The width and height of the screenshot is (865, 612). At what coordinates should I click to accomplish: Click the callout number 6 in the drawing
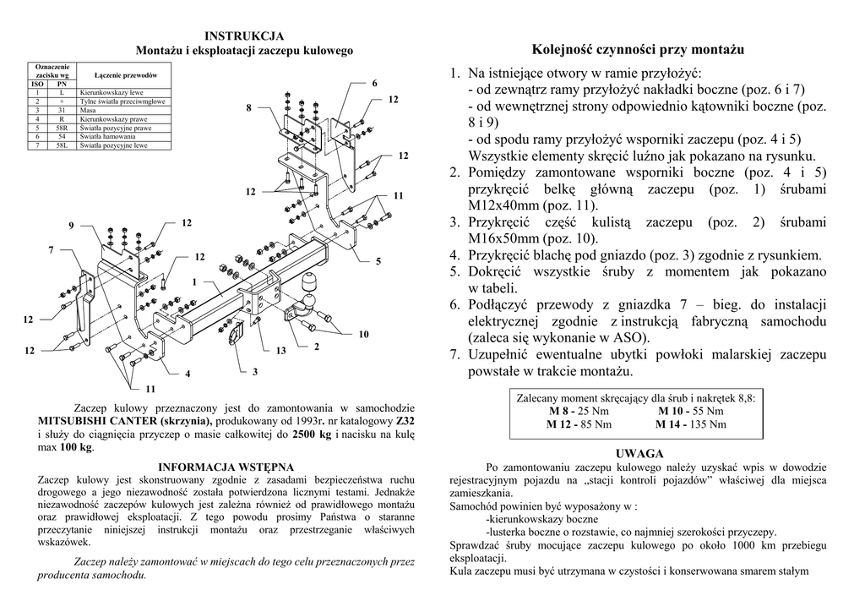tap(373, 84)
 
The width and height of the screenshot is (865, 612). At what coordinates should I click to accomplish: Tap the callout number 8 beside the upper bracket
tap(248, 108)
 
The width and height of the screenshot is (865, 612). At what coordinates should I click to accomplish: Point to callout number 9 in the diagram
tap(72, 224)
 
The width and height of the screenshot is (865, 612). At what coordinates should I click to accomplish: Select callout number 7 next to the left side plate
tap(51, 250)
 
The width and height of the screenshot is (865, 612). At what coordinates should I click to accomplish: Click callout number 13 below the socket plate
tap(281, 350)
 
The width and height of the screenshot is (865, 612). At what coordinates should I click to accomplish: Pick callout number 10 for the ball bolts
tap(363, 335)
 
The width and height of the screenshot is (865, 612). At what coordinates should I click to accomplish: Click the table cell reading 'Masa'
tap(88, 110)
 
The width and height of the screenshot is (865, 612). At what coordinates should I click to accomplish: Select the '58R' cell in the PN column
tap(62, 128)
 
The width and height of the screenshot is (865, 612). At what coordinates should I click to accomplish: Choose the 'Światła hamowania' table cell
tap(107, 136)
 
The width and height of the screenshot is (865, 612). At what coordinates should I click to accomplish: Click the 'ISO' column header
tap(37, 84)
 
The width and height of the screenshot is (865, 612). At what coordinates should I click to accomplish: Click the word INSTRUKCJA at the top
tap(244, 36)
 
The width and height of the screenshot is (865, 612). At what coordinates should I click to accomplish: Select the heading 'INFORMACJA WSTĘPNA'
tap(226, 467)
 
